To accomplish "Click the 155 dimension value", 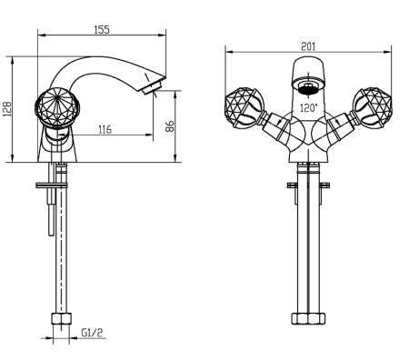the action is coord(102,30).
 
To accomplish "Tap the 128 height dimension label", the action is coord(7,109).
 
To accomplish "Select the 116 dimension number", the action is coord(105,129).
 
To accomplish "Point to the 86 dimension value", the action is coord(170,126).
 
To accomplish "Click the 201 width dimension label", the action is coord(308,46).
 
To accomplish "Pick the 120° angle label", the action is coord(309,107).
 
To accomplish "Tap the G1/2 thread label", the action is coord(92,333).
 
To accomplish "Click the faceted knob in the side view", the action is coord(57,107).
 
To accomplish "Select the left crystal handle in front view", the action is coord(244,106).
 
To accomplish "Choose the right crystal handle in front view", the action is coord(373,106).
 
